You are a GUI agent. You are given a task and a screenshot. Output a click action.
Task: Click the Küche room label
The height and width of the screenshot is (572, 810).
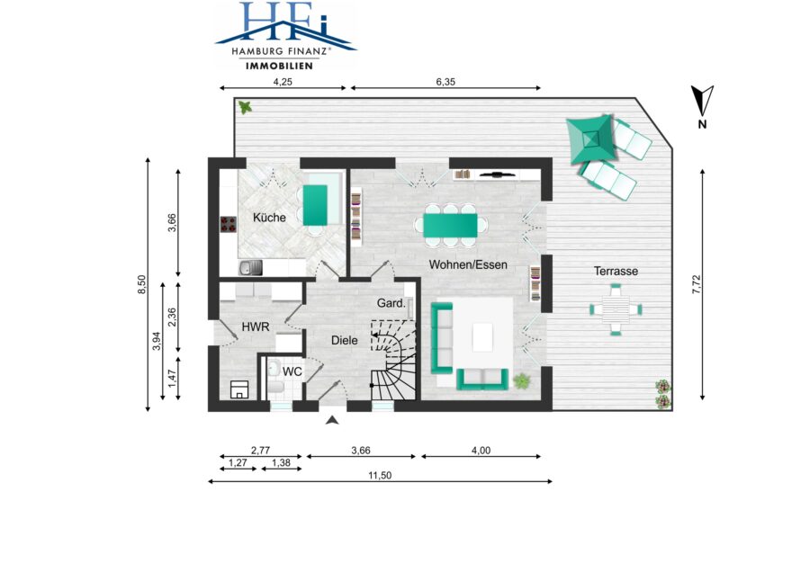pyautogui.click(x=269, y=218)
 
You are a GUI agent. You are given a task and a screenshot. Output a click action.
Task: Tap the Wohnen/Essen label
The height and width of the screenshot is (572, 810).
pyautogui.click(x=468, y=264)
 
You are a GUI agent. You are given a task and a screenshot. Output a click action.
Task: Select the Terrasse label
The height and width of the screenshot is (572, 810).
pyautogui.click(x=616, y=271)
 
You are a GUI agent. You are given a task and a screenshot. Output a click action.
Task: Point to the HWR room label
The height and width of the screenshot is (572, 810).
pyautogui.click(x=256, y=326)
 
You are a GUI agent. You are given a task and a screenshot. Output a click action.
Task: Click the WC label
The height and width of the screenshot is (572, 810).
pyautogui.click(x=292, y=371)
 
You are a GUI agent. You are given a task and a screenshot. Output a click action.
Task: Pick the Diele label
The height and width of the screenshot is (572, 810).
pyautogui.click(x=344, y=340)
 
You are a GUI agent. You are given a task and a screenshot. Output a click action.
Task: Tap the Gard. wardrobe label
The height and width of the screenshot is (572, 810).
pyautogui.click(x=391, y=303)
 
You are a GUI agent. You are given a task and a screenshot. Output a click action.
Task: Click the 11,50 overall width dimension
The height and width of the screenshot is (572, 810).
pyautogui.click(x=380, y=476)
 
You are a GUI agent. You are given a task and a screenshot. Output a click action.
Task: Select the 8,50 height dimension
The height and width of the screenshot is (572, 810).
pyautogui.click(x=141, y=284)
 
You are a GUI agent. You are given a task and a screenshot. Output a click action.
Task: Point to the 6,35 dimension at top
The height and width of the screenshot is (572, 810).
pyautogui.click(x=445, y=82)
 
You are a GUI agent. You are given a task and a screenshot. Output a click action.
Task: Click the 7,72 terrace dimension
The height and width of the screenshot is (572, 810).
pyautogui.click(x=697, y=284)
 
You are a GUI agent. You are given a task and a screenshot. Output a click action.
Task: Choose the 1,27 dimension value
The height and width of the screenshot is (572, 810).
pyautogui.click(x=238, y=462)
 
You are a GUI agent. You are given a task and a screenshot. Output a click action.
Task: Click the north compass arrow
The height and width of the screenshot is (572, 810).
pyautogui.click(x=703, y=101)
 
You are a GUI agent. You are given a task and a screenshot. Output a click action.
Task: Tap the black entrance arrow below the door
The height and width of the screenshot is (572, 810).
pyautogui.click(x=333, y=420)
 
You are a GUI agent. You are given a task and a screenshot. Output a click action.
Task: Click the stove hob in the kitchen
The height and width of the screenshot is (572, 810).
pyautogui.click(x=229, y=224)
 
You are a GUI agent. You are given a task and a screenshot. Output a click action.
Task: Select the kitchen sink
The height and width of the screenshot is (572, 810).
pyautogui.click(x=250, y=268)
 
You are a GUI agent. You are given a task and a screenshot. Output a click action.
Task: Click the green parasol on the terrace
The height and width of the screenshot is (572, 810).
pyautogui.click(x=591, y=139)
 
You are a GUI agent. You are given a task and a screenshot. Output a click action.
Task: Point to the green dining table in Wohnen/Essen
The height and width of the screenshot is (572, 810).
pyautogui.click(x=451, y=226)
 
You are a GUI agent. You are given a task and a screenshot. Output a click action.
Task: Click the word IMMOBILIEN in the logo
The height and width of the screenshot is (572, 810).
pyautogui.click(x=279, y=66)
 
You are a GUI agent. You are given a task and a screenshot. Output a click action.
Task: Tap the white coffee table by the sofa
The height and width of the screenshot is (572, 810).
pyautogui.click(x=483, y=337)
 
